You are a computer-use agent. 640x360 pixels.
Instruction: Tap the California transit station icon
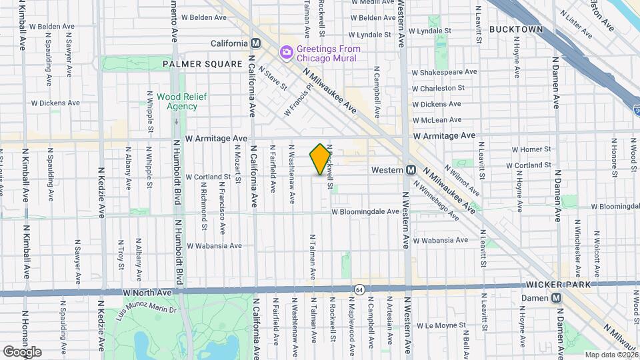pyautogui.click(x=254, y=44)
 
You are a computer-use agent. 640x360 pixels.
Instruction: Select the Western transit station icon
pyautogui.click(x=411, y=170)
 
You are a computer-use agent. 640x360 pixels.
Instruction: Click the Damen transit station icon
pyautogui.click(x=556, y=298)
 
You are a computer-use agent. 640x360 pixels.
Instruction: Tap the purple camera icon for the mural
pyautogui.click(x=287, y=52)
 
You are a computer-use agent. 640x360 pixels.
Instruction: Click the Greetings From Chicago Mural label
pyautogui.click(x=329, y=53)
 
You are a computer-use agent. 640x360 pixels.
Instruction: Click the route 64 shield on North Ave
pyautogui.click(x=359, y=289)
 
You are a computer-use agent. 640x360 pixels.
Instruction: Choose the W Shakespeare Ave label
pyautogui.click(x=444, y=72)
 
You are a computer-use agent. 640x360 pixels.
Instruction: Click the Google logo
pyautogui.click(x=22, y=351)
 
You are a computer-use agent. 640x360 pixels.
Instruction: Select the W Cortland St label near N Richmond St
pyautogui.click(x=208, y=177)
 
